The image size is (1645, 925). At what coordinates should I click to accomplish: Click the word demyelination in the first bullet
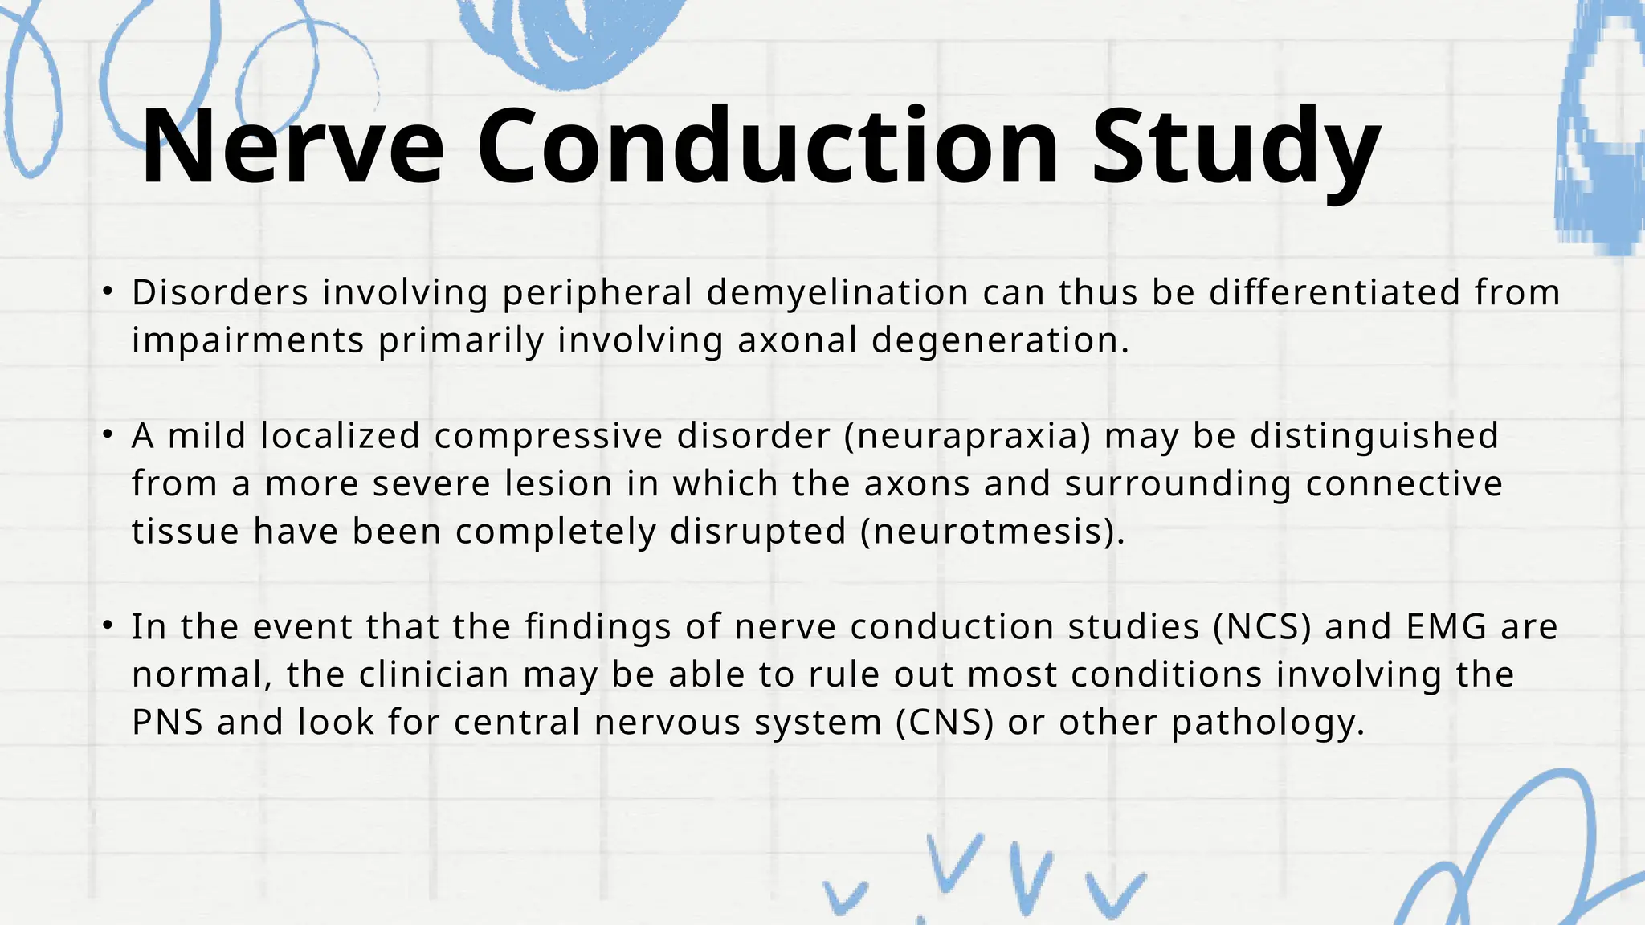point(837,293)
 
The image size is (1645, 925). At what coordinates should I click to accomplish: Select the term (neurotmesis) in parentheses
point(993,532)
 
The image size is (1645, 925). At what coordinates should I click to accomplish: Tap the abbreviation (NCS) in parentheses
point(1262,627)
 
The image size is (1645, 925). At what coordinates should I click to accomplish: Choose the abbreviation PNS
point(167,723)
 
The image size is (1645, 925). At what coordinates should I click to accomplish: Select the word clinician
point(434,674)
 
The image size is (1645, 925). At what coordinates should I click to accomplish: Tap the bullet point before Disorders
point(108,291)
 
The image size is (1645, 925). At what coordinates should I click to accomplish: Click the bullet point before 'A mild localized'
point(108,435)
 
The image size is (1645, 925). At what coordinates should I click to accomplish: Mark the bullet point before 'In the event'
point(108,626)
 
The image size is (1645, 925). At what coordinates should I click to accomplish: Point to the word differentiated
point(1334,292)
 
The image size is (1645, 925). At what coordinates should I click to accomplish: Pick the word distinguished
point(1374,437)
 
